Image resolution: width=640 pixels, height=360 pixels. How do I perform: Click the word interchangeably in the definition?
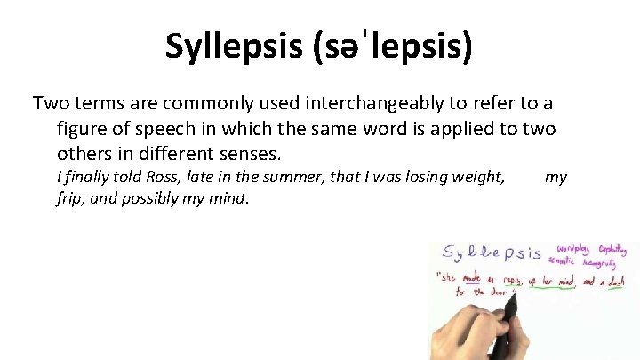click(312, 102)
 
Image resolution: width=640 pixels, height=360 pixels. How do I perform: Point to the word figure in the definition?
click(81, 129)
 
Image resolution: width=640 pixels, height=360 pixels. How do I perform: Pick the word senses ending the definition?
click(252, 154)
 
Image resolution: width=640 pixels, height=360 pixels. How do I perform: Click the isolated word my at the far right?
click(556, 177)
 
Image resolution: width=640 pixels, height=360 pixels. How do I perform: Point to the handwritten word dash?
click(616, 281)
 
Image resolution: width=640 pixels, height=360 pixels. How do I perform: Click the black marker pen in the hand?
click(510, 307)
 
